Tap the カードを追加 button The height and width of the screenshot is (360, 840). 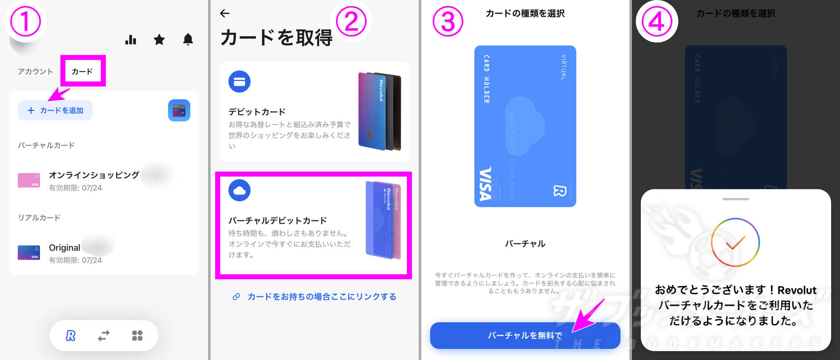(x=55, y=110)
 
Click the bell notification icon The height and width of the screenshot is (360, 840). (x=188, y=39)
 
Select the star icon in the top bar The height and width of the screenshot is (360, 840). (x=159, y=39)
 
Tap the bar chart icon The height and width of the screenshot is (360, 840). (x=131, y=39)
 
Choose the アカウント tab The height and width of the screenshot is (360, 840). (x=36, y=71)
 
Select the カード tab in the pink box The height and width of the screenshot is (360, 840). (x=82, y=71)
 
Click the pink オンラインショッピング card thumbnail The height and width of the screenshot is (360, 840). (x=29, y=180)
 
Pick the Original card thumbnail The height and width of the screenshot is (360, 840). (x=29, y=253)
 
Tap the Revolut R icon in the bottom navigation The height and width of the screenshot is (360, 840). (x=70, y=336)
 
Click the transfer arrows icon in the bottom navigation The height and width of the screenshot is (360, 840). (x=104, y=336)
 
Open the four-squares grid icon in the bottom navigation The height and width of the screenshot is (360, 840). (x=137, y=336)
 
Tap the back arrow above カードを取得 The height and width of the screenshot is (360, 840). (x=225, y=14)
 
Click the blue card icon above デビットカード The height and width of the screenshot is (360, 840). (x=240, y=81)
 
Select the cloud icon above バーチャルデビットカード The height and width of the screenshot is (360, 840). (x=240, y=190)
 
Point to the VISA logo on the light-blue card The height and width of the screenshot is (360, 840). (x=486, y=184)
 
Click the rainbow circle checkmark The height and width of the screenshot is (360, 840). (x=735, y=242)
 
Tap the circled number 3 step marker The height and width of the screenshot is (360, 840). (x=448, y=21)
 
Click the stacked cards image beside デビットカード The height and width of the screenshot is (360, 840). (x=379, y=111)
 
